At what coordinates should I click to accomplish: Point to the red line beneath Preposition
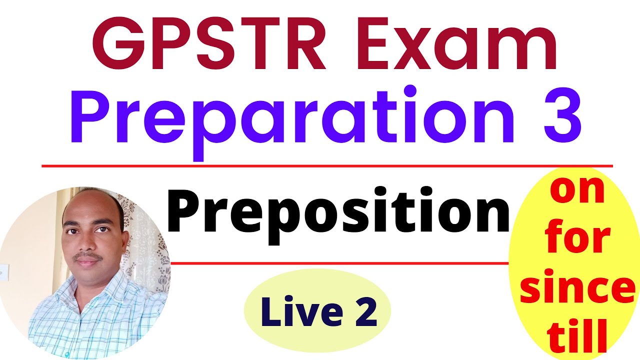[340, 262]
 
